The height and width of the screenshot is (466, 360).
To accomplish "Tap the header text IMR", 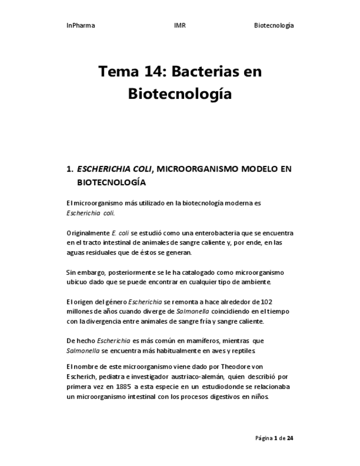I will coord(180,26).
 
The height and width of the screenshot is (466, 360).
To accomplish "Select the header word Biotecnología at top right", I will coord(274,26).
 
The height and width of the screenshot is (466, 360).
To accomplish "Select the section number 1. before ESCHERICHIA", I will coord(70,169).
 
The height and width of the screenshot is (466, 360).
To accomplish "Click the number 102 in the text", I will coord(267,302).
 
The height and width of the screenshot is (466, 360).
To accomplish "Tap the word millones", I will coord(80,312).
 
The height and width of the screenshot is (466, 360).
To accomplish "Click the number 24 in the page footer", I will coord(290,438).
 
